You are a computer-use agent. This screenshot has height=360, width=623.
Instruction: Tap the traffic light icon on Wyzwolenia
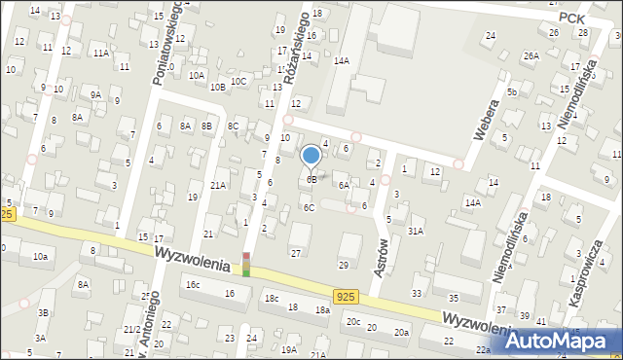click(246, 264)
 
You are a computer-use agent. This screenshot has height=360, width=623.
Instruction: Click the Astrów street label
click(382, 256)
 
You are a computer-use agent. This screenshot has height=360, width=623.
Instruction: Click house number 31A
click(416, 231)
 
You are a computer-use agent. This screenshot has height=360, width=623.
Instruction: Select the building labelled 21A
click(218, 185)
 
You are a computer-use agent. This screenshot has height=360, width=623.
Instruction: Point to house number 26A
click(531, 55)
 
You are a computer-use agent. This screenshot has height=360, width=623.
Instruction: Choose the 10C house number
click(238, 82)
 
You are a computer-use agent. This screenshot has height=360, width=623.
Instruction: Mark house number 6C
click(309, 207)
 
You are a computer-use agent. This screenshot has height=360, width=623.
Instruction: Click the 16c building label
click(193, 284)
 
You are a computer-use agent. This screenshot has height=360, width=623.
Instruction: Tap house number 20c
click(353, 322)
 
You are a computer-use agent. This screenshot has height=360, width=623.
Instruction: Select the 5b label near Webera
click(511, 91)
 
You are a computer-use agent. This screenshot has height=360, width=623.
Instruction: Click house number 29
click(343, 266)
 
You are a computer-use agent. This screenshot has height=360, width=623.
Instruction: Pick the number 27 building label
click(295, 253)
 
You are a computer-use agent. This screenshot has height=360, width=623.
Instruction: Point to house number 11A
click(100, 54)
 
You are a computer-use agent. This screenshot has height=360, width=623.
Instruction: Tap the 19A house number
click(289, 349)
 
